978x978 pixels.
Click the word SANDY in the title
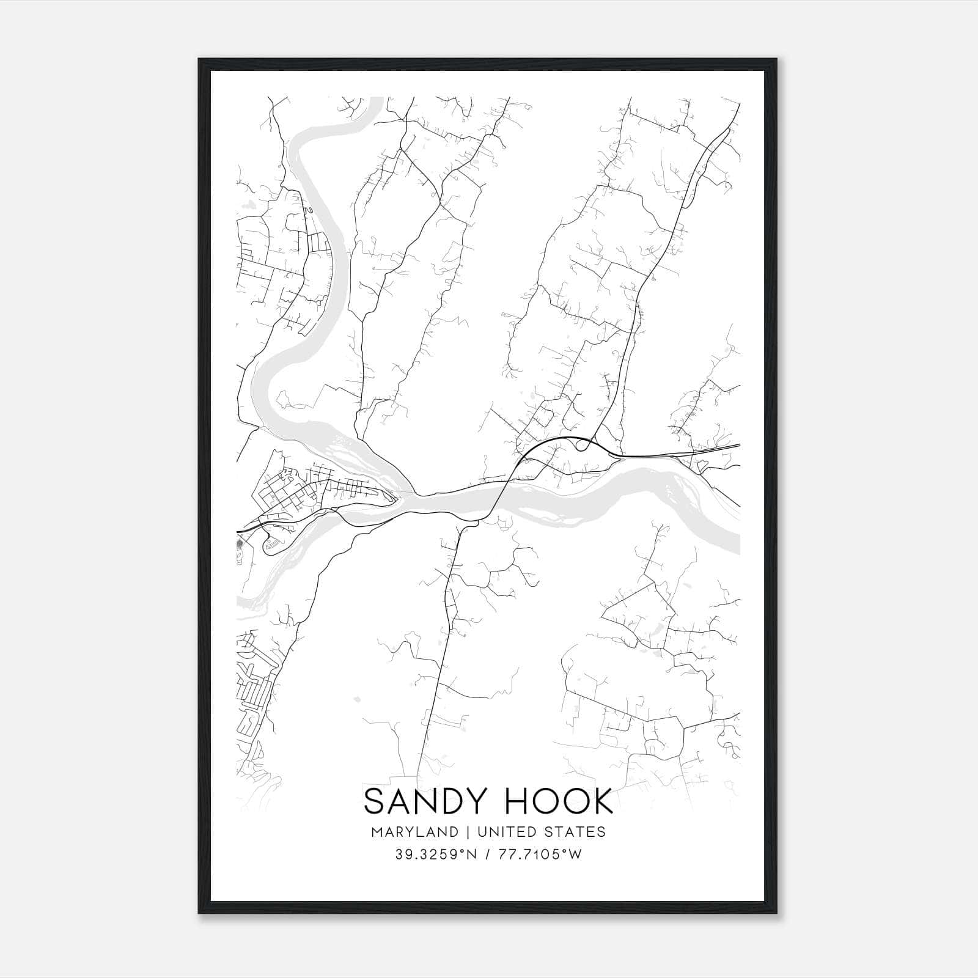424,802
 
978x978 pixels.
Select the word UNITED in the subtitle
507,832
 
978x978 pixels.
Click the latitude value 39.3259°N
435,855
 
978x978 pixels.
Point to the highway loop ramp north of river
583,444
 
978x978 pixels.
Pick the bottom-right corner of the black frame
777,913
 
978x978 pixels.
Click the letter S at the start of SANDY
375,802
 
